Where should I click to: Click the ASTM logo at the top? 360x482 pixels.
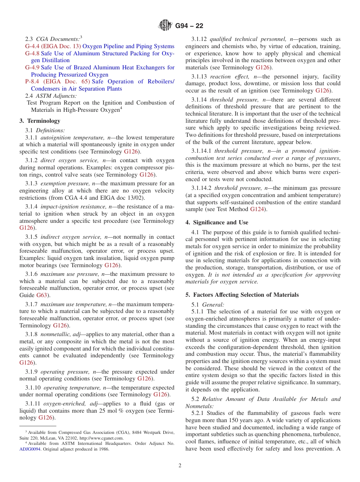pyautogui.click(x=165, y=26)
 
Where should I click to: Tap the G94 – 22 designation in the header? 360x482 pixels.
pyautogui.click(x=189, y=26)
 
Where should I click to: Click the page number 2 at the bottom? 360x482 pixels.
pyautogui.click(x=180, y=466)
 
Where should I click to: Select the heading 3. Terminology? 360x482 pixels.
pyautogui.click(x=40, y=121)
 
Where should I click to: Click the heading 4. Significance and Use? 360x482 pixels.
pyautogui.click(x=217, y=222)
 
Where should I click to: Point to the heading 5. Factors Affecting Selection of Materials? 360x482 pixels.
pyautogui.click(x=242, y=295)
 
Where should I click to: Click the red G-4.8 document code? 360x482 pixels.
pyautogui.click(x=32, y=53)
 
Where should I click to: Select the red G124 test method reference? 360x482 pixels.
pyautogui.click(x=257, y=209)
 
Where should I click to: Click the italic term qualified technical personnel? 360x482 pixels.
pyautogui.click(x=248, y=39)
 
